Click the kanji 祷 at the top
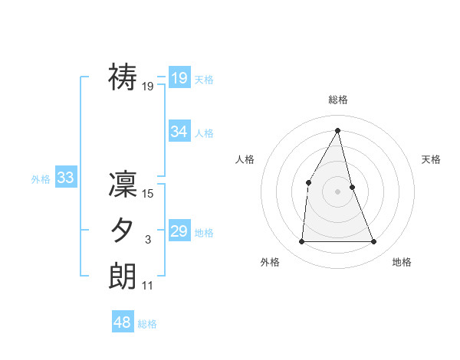pyautogui.click(x=123, y=77)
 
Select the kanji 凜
pyautogui.click(x=123, y=185)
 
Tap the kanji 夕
pyautogui.click(x=123, y=231)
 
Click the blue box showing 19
pyautogui.click(x=179, y=77)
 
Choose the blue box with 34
pyautogui.click(x=179, y=131)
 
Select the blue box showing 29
pyautogui.click(x=179, y=231)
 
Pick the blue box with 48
pyautogui.click(x=122, y=322)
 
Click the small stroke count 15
pyautogui.click(x=148, y=195)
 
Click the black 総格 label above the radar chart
pyautogui.click(x=338, y=100)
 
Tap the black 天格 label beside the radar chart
pyautogui.click(x=432, y=159)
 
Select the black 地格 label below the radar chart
pyautogui.click(x=402, y=262)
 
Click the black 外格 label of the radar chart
pyautogui.click(x=270, y=262)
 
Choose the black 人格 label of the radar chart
pyautogui.click(x=245, y=159)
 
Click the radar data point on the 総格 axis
pyautogui.click(x=338, y=130)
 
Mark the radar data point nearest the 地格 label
pyautogui.click(x=374, y=242)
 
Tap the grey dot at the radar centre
pyautogui.click(x=338, y=191)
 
